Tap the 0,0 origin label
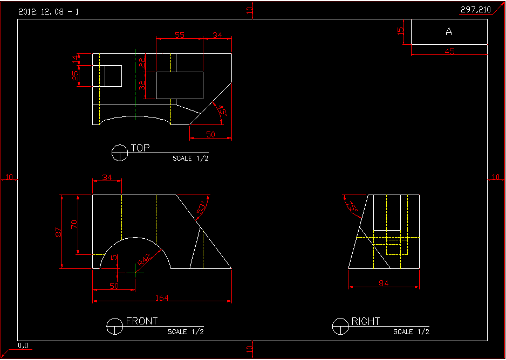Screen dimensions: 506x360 23,345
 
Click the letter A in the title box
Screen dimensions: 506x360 449,32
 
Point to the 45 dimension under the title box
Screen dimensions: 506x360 449,52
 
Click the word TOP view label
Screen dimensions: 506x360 140,148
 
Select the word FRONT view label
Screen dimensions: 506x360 142,321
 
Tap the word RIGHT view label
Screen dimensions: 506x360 366,322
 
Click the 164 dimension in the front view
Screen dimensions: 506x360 162,297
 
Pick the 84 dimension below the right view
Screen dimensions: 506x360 384,283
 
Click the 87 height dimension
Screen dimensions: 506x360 59,232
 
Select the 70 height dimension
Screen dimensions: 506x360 75,224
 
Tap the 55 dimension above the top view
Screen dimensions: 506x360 180,35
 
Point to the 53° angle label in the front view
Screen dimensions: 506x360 202,209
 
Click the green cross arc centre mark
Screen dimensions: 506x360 135,273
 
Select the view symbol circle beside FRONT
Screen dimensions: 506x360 114,326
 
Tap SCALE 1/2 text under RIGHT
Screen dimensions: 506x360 412,332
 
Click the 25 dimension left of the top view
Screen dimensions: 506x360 75,76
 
